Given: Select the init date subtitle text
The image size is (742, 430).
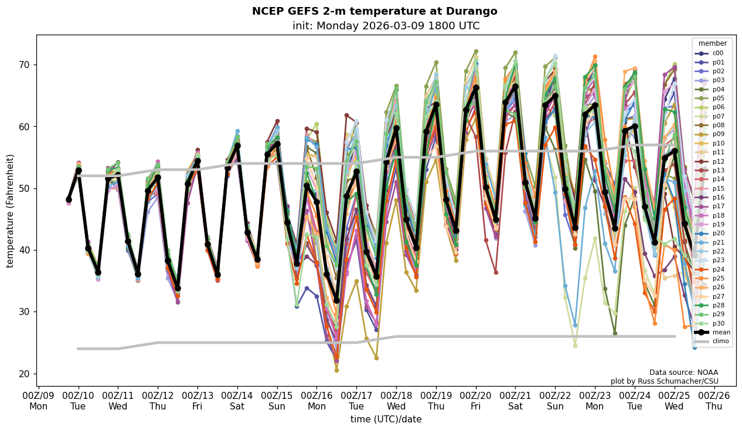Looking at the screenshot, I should click(386, 26).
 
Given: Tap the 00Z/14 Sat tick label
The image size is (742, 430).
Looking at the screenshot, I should click(237, 401).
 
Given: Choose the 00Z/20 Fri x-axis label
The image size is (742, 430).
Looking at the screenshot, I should click(476, 401).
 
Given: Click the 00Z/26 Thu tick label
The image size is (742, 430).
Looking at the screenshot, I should click(714, 401).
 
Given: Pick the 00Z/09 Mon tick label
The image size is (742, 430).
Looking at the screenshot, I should click(39, 401).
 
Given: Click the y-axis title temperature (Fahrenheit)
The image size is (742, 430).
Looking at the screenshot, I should click(10, 211).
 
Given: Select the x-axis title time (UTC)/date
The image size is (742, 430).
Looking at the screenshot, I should click(386, 419).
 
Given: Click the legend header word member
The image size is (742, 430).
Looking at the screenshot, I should click(712, 43).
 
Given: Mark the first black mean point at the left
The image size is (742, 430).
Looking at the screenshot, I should click(69, 199).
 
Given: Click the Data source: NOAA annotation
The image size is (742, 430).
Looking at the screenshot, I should click(683, 373).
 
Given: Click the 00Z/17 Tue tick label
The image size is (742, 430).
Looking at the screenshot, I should click(356, 401).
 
